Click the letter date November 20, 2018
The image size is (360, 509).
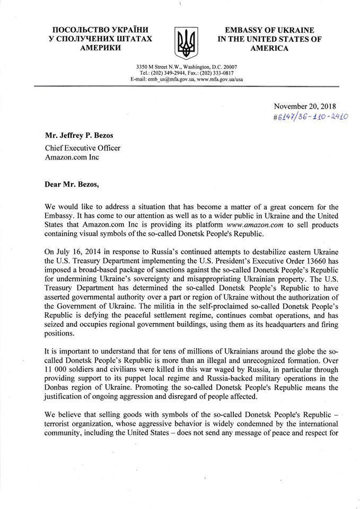click(x=306, y=106)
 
